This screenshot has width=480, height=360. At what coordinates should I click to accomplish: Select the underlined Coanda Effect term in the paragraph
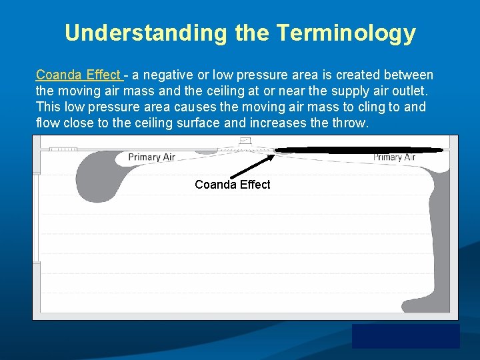(x=78, y=75)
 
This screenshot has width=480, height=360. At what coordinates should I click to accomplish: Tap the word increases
(x=276, y=123)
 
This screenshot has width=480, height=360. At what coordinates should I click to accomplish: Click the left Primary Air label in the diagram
(x=152, y=157)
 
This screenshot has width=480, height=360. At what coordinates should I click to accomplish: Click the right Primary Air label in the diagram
(x=394, y=157)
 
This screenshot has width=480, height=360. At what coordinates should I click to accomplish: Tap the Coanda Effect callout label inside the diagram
(x=232, y=185)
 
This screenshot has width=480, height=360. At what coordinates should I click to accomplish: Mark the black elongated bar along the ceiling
(x=359, y=151)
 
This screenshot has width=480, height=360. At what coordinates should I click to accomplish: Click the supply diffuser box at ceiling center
(x=244, y=141)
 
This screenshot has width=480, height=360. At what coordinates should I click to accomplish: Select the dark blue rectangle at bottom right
(x=405, y=336)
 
